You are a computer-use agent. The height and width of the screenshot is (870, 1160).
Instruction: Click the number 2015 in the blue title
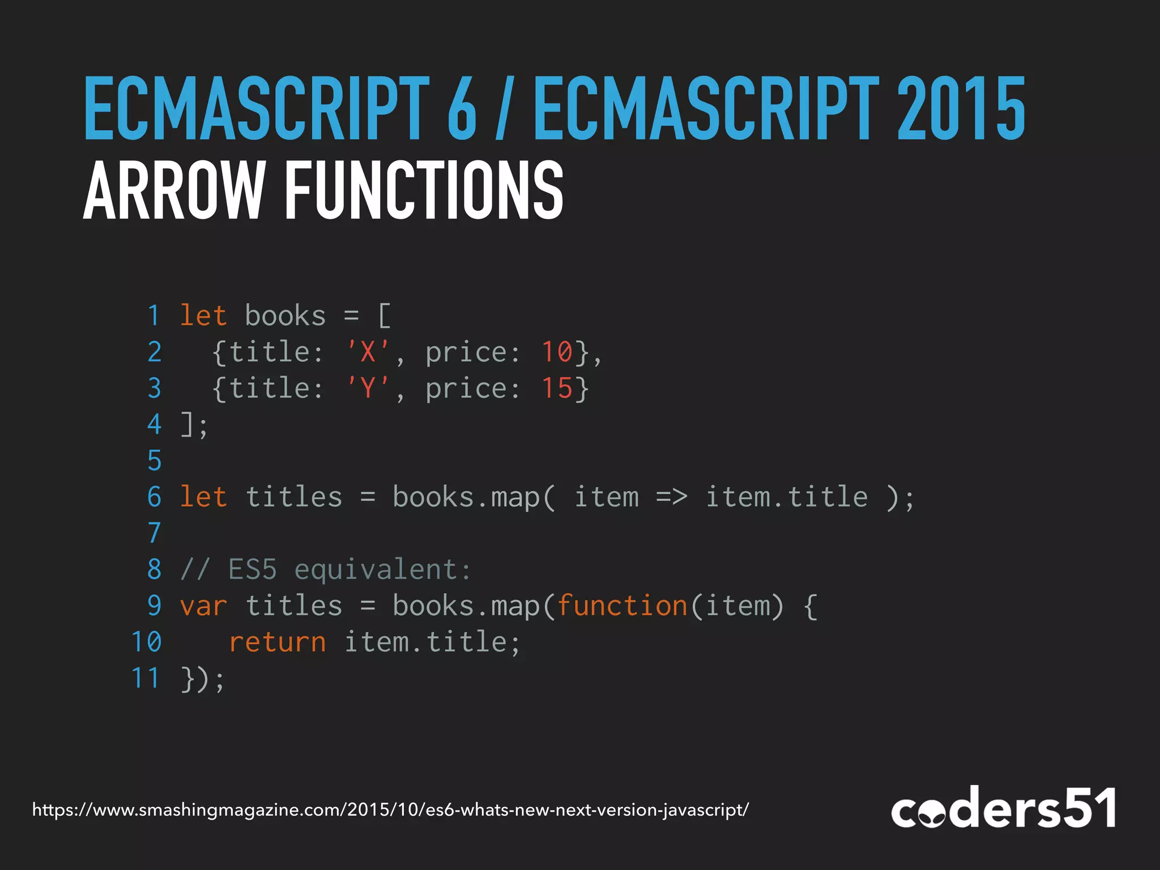(x=961, y=109)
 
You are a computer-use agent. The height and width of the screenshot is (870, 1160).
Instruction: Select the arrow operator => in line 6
(x=672, y=497)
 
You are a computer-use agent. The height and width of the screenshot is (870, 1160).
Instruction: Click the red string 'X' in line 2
(x=368, y=352)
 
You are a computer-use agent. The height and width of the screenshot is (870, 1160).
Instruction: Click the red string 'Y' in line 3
(x=368, y=388)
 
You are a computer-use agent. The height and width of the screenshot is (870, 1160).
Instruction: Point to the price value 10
(x=557, y=352)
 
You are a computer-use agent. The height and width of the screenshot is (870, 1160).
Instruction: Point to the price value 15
(x=557, y=388)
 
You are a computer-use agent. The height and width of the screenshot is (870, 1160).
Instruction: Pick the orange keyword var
(x=203, y=606)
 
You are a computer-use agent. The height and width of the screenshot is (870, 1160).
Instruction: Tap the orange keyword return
(x=278, y=642)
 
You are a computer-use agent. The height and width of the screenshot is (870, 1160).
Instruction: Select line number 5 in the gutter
(x=154, y=460)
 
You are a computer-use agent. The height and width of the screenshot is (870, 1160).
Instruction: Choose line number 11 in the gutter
(x=146, y=678)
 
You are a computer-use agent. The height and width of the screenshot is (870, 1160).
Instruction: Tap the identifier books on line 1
(x=285, y=315)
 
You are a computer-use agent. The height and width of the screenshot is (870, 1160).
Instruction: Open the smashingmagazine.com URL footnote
(x=391, y=810)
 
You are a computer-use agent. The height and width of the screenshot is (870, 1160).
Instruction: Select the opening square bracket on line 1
(x=384, y=315)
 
